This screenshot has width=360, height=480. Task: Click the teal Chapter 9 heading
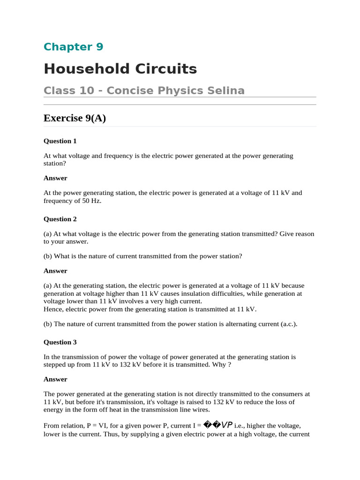[x=73, y=47]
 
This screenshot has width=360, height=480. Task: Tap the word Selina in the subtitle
[x=227, y=90]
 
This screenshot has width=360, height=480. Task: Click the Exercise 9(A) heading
[x=75, y=118]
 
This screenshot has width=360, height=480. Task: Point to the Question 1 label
[x=60, y=141]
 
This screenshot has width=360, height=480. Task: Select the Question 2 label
[x=60, y=219]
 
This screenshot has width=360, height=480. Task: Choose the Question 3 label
[x=60, y=342]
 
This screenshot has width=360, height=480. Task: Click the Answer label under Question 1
[x=55, y=178]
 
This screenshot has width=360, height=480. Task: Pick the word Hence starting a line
[x=53, y=309]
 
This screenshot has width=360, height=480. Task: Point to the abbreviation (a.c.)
[x=287, y=324]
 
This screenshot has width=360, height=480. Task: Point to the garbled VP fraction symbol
[x=218, y=425]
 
